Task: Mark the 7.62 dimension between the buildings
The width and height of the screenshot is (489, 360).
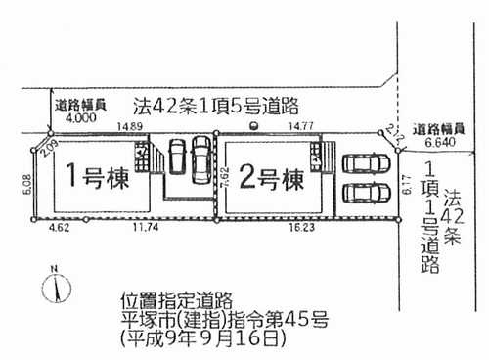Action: point(223,176)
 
